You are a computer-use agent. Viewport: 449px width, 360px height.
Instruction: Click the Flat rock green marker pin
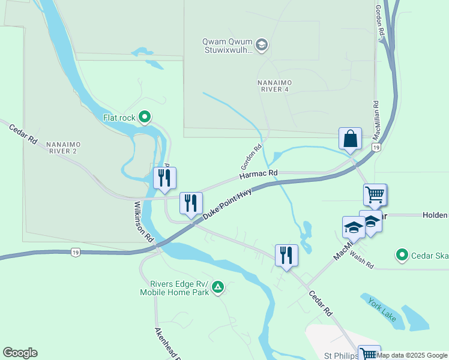[x=144, y=118]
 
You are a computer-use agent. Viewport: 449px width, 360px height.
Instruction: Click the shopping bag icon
[x=350, y=139]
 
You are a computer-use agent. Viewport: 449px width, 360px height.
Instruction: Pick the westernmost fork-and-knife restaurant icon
[x=164, y=178]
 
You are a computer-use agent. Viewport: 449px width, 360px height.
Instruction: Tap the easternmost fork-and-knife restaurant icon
[x=286, y=255]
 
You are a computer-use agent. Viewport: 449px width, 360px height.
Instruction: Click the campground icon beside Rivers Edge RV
[x=218, y=289]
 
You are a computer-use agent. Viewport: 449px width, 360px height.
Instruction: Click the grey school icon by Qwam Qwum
[x=262, y=44]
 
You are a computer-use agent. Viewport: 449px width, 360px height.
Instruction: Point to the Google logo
[x=20, y=353]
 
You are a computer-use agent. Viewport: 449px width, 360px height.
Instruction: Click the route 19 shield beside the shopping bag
[x=376, y=147]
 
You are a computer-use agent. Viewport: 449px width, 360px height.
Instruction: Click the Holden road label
[x=435, y=215]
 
